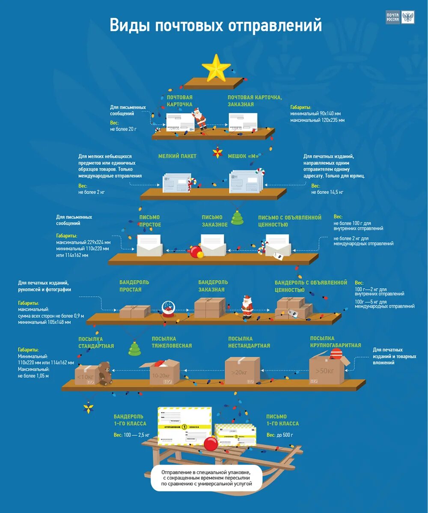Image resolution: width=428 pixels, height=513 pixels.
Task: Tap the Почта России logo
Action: [x=400, y=18]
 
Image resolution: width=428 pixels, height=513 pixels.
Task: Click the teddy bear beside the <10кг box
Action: [x=104, y=373]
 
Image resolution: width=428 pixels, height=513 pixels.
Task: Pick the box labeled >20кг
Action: [x=242, y=370]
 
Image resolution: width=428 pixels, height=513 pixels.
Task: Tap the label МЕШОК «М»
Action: [x=244, y=156]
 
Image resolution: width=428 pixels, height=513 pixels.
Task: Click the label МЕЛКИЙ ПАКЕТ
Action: [x=177, y=156]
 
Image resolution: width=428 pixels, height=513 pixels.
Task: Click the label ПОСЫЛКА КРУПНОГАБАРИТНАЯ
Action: [x=336, y=342]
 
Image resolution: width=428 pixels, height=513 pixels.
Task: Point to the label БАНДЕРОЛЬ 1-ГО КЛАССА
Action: [x=130, y=420]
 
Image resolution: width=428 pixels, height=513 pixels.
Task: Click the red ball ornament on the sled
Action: [x=211, y=443]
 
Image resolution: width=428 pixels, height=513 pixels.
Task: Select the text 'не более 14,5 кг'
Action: [x=327, y=192]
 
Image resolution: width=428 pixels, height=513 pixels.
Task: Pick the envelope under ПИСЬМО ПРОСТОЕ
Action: [x=149, y=245]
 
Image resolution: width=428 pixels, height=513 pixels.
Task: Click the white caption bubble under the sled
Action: [x=206, y=477]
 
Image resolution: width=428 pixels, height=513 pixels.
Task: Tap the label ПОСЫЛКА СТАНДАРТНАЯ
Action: [x=96, y=343]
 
